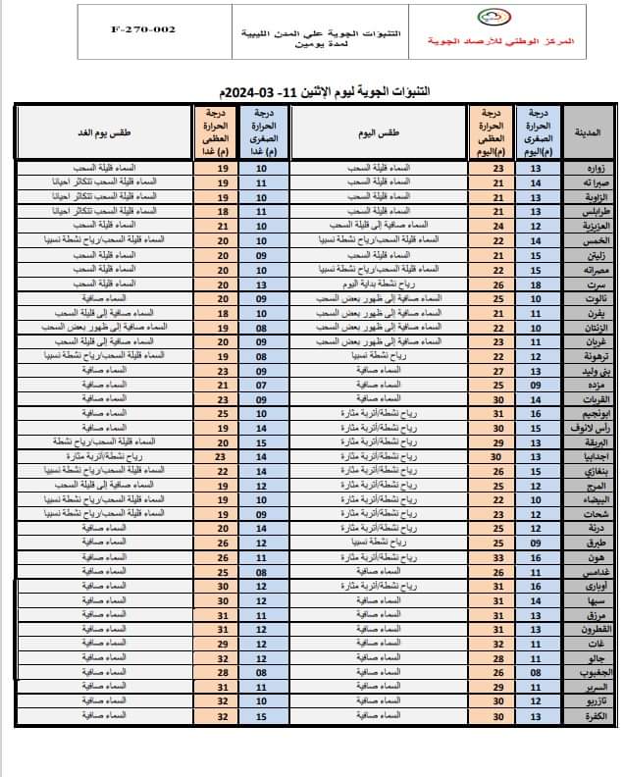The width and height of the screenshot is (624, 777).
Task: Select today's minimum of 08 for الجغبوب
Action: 536,672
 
